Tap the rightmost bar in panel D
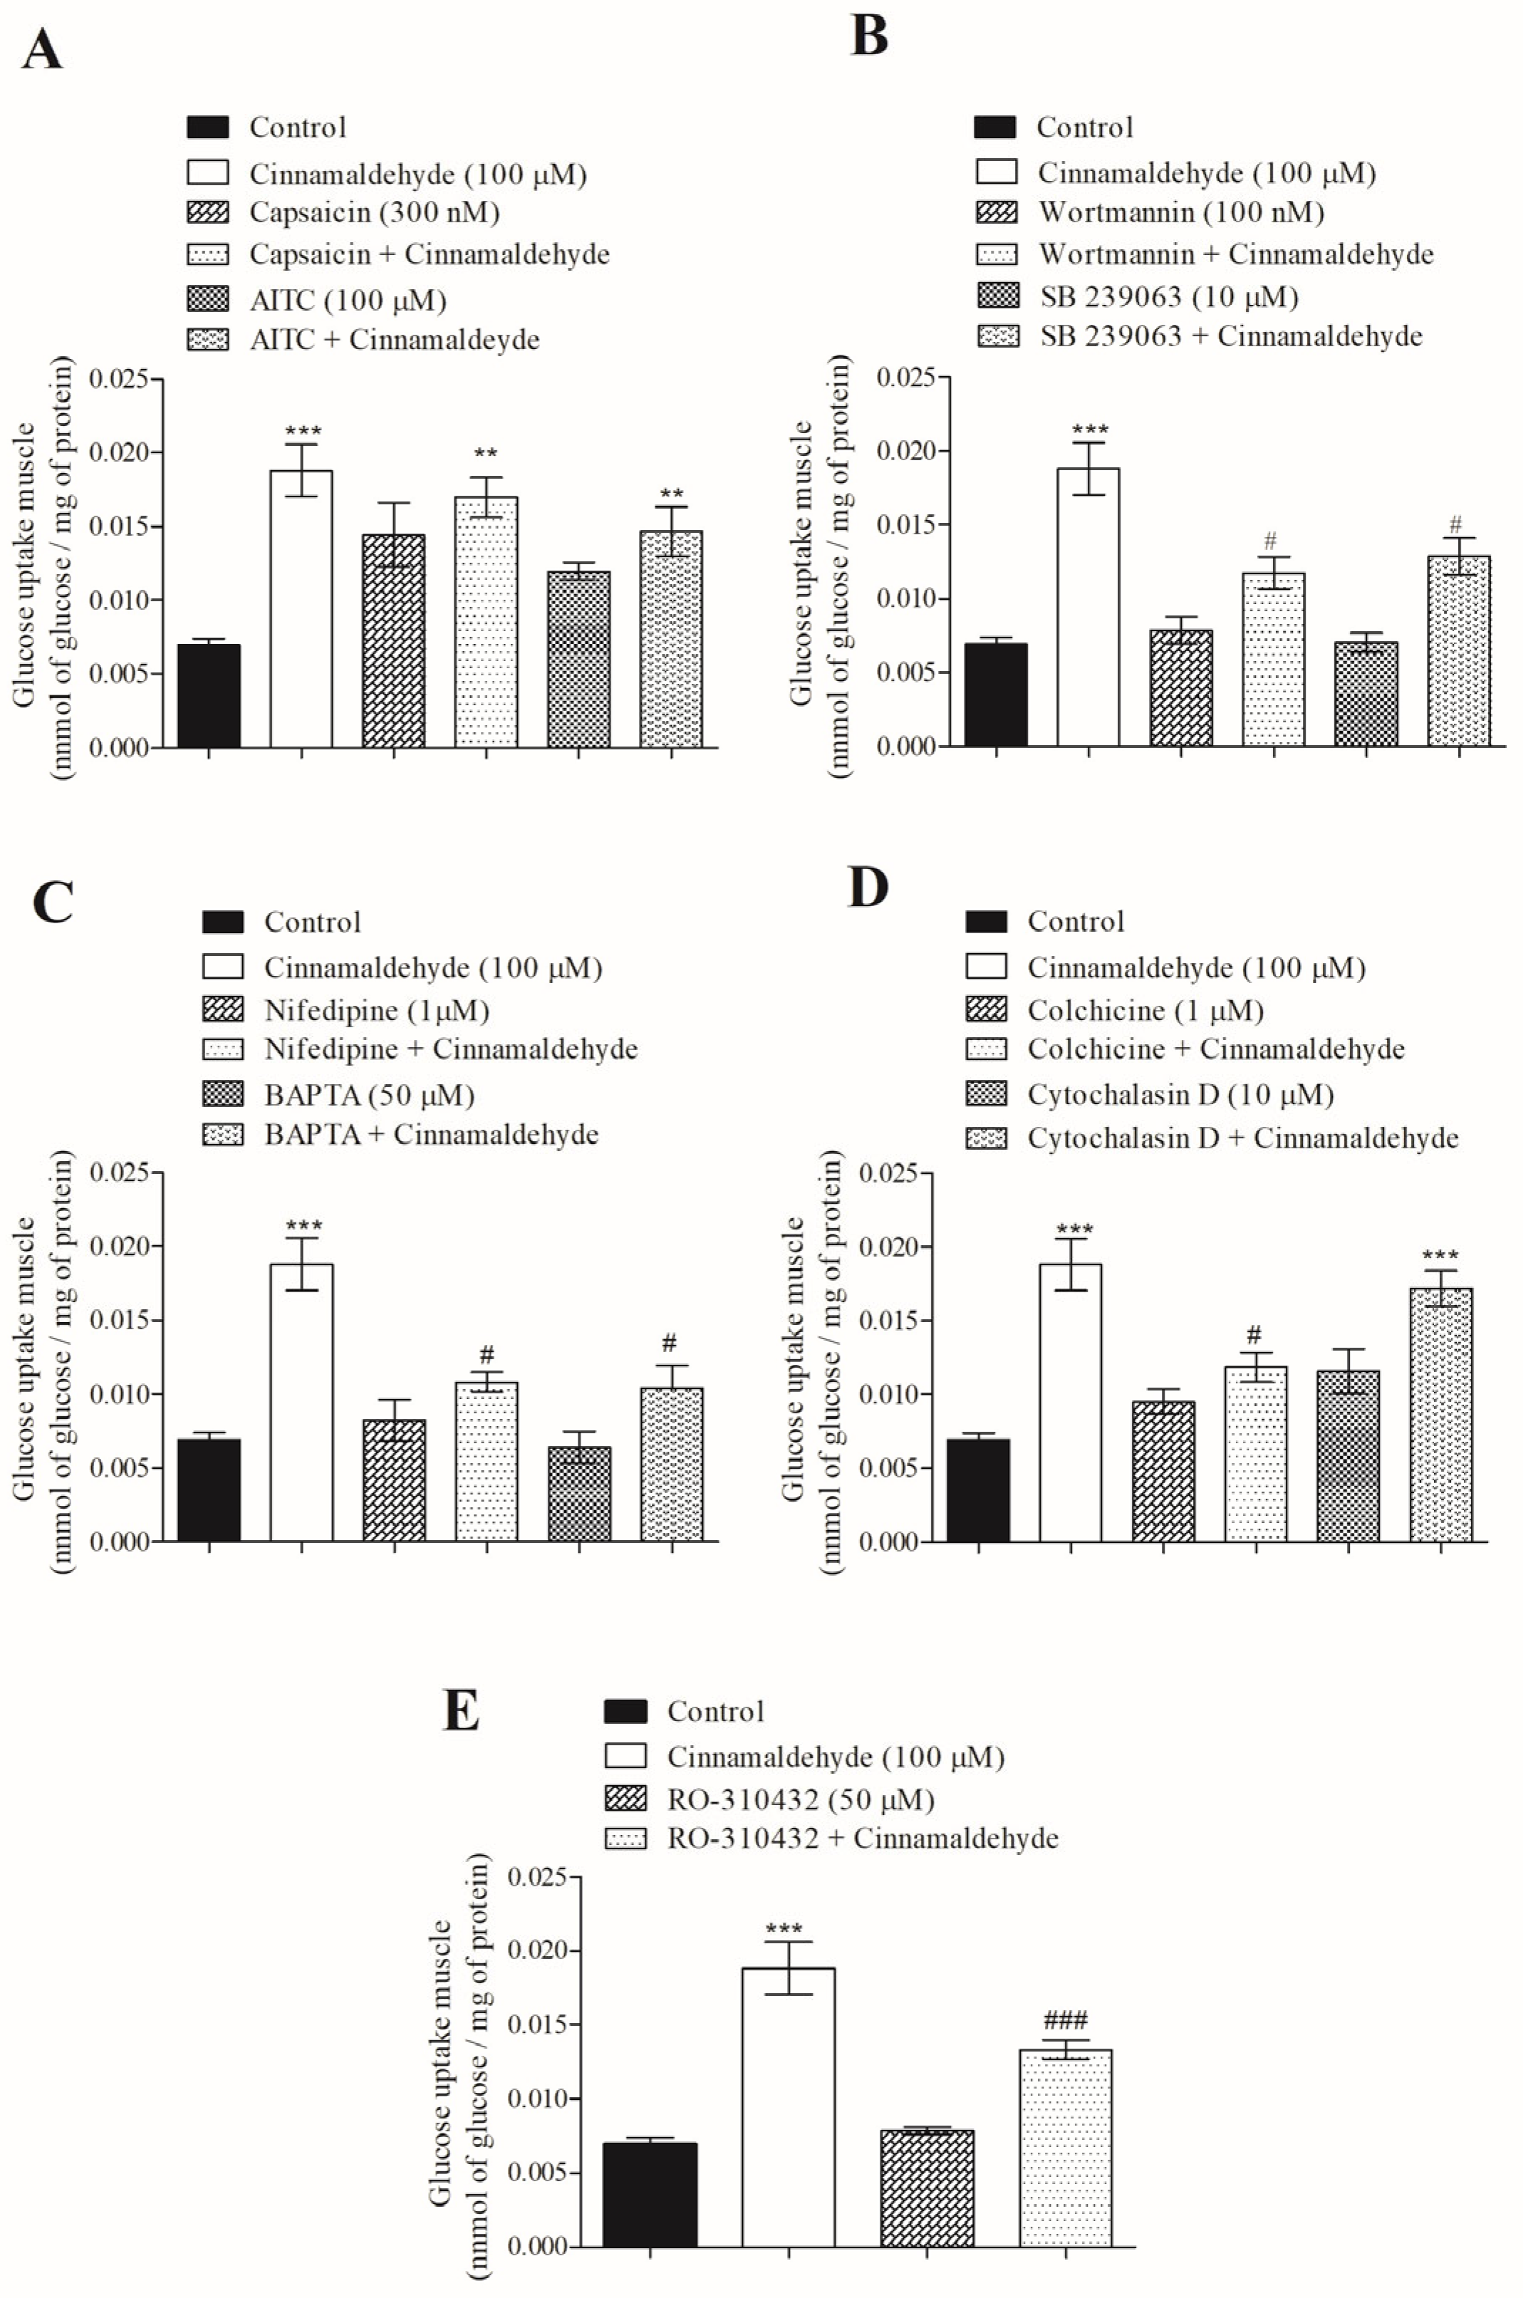tap(1440, 1414)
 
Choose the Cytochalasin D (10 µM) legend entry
tap(1180, 1096)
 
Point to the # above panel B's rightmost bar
tap(1456, 526)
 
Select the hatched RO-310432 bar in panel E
tap(927, 2188)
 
